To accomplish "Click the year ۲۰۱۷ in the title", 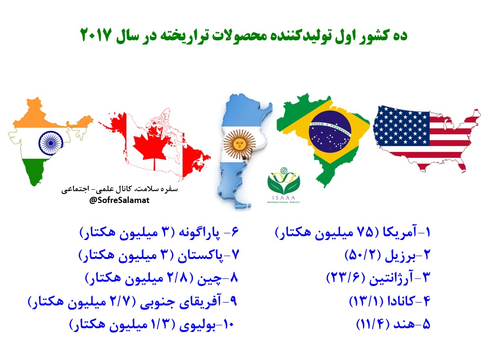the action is tap(95, 35).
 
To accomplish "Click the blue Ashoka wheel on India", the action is tap(51, 143).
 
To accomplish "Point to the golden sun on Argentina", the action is tap(240, 144).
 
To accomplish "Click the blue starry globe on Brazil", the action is tap(330, 131).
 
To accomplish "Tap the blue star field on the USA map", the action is tap(400, 126).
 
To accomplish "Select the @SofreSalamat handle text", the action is tap(119, 200).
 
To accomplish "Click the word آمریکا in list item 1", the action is tap(399, 232).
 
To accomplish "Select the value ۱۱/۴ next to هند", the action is tap(372, 324).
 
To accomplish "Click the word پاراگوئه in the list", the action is tap(199, 232).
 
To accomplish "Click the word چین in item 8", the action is tap(209, 278).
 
